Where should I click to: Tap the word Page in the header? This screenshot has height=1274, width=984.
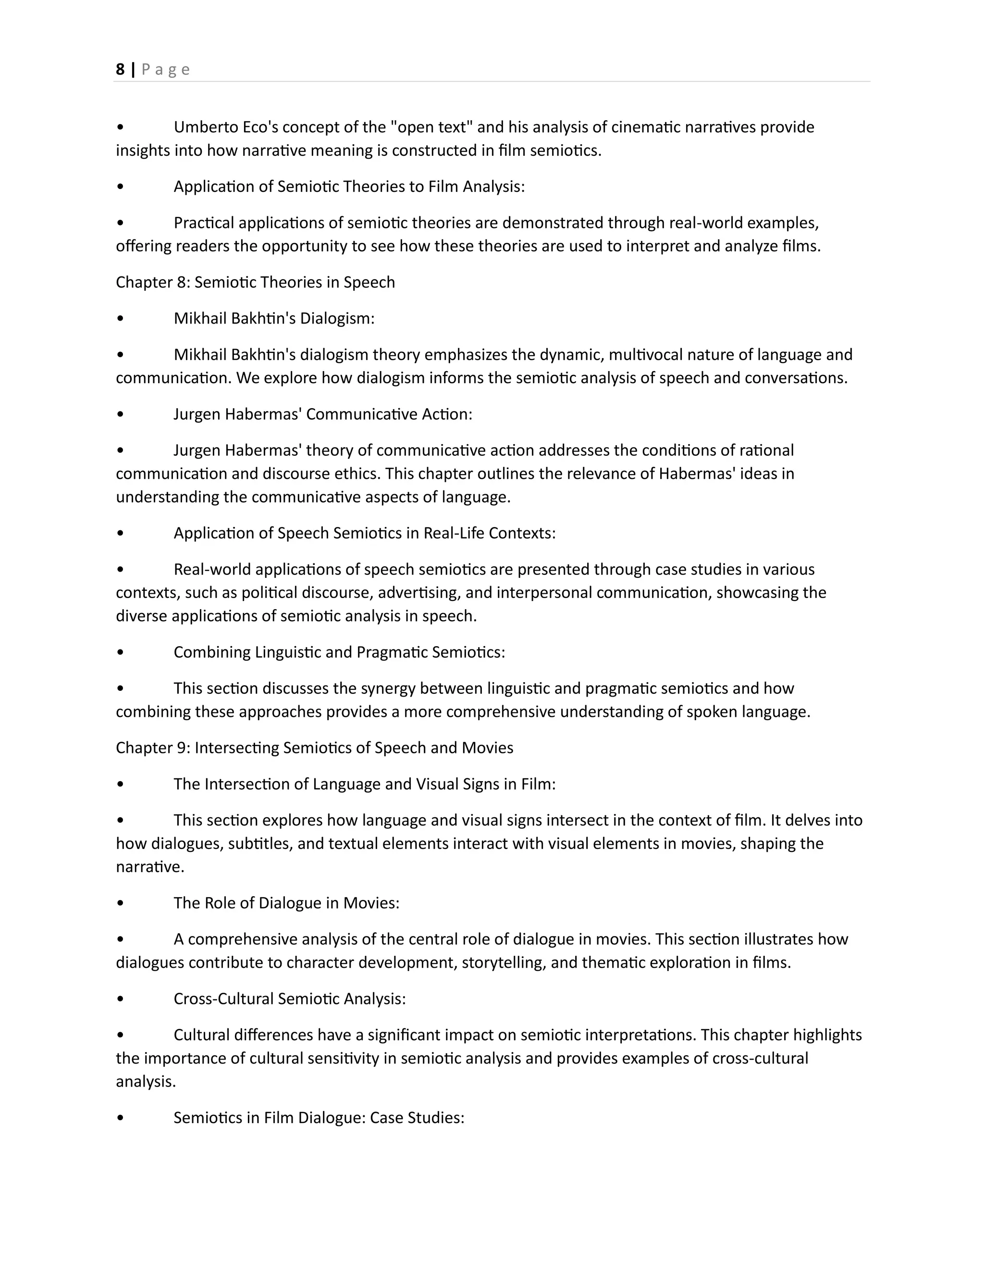166,70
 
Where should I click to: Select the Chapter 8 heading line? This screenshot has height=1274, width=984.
255,282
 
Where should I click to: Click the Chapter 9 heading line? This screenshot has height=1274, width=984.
314,748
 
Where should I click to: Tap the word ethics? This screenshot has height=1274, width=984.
360,474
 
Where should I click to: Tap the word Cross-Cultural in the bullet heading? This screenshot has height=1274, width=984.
223,999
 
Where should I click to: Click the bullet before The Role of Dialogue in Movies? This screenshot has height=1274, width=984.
120,903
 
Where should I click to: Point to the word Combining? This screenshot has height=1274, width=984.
212,652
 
